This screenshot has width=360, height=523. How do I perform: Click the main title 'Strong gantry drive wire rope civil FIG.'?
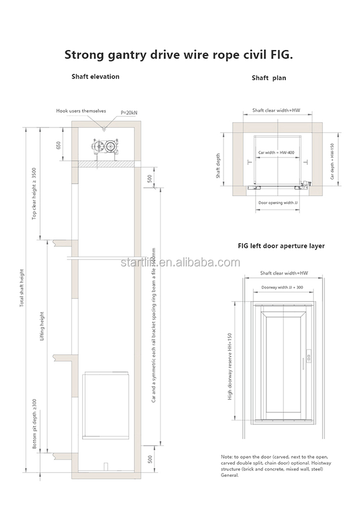coord(179,54)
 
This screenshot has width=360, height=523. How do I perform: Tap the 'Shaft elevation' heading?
coord(96,76)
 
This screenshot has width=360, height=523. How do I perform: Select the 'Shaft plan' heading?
coord(269,78)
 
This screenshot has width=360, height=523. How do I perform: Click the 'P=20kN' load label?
coord(129,112)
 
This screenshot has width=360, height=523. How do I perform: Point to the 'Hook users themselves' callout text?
coord(81,110)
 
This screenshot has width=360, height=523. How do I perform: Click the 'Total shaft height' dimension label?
coord(22,288)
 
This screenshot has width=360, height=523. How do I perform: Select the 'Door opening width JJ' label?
coord(278,203)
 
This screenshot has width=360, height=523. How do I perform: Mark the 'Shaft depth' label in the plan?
coord(218,166)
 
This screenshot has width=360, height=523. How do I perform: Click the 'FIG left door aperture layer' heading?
coord(281,246)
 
